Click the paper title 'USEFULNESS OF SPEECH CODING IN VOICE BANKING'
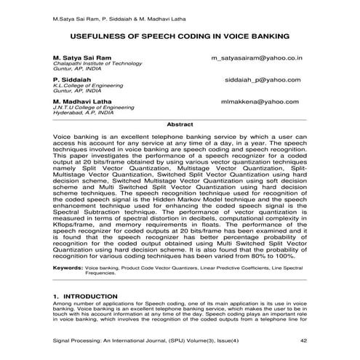(x=180, y=35)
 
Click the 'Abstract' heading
(x=180, y=125)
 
